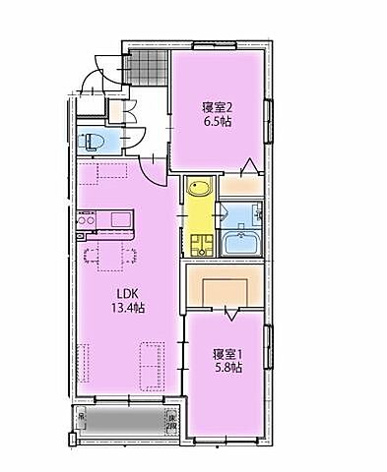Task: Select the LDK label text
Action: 128,293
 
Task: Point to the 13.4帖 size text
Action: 128,309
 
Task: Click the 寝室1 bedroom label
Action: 227,352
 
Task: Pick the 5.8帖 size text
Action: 227,368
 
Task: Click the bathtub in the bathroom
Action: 240,245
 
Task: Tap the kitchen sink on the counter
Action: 121,218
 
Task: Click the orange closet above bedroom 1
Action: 225,289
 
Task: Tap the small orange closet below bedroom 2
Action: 239,184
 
